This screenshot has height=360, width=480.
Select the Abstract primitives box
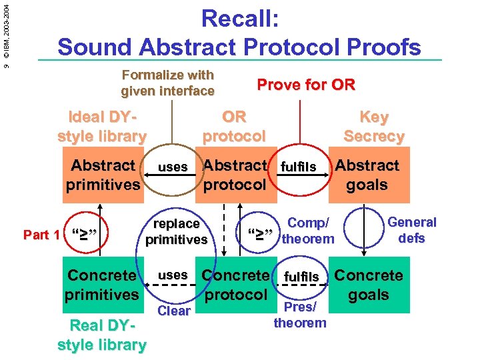tap(103, 175)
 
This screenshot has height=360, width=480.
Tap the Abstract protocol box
tap(235, 175)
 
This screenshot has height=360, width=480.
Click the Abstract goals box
tap(367, 175)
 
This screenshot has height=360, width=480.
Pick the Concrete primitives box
tap(102, 285)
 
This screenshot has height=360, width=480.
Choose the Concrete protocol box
tap(235, 285)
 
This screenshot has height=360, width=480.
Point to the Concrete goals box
tap(369, 285)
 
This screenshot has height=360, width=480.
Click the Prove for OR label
tap(306, 85)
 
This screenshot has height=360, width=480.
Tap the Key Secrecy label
tap(374, 127)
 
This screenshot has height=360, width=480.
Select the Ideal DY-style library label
tap(102, 127)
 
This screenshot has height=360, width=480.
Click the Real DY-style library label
tap(102, 335)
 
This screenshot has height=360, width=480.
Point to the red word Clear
tap(174, 311)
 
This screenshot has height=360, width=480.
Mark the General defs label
tap(411, 230)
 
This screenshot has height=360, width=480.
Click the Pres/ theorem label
tap(300, 315)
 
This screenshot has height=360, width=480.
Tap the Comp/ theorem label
tap(307, 231)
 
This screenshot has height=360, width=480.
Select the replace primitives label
tap(176, 231)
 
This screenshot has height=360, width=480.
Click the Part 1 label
tap(41, 235)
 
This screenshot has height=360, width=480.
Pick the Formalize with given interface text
tap(167, 83)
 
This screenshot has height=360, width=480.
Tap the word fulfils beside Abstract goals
tap(298, 166)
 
